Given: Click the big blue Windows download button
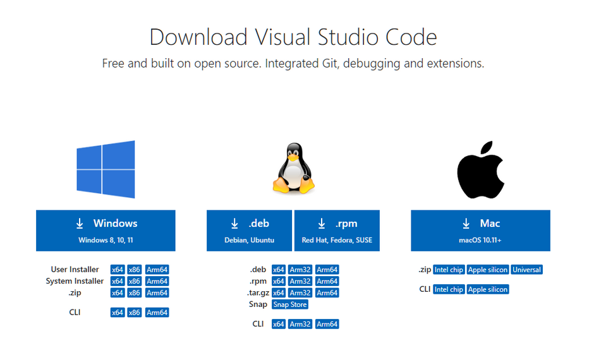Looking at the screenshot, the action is (106, 231).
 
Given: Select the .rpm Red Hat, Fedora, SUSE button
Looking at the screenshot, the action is (337, 231).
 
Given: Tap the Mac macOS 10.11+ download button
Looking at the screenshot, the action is (481, 231).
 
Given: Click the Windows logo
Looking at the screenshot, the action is (106, 169).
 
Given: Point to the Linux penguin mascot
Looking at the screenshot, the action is (294, 168).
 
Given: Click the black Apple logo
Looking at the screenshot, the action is (481, 170).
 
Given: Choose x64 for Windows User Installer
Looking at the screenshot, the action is (118, 270).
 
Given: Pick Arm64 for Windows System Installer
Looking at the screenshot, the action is (157, 281).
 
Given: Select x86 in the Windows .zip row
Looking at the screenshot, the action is (135, 293).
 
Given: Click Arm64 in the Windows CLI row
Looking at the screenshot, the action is (157, 313).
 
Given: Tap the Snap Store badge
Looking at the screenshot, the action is (290, 304).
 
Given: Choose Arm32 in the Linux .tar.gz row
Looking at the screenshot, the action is (300, 293).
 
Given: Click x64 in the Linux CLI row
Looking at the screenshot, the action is (279, 324).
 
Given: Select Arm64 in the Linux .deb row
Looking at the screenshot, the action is (327, 270).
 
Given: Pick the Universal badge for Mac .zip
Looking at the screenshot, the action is (526, 270).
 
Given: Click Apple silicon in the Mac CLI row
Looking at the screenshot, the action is (488, 289).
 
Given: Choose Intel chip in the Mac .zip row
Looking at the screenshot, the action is (449, 270).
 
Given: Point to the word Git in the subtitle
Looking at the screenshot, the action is (329, 63).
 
